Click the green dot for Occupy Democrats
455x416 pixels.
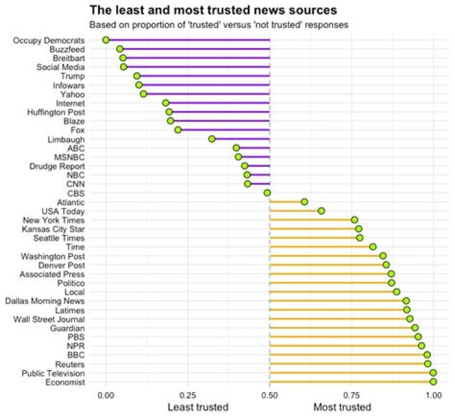(106, 40)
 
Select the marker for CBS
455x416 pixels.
(267, 193)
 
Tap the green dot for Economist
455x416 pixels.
(433, 382)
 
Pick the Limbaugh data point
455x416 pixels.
(212, 139)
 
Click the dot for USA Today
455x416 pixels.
(321, 211)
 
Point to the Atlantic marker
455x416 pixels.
(305, 202)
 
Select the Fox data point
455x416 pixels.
(178, 129)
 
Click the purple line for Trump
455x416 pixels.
(202, 76)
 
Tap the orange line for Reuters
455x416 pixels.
(348, 364)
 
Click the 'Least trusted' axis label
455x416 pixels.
(198, 407)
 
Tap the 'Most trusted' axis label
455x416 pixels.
(343, 407)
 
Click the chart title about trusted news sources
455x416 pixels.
(213, 10)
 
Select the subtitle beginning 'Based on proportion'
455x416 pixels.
(218, 25)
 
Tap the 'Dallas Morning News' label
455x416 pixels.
(53, 301)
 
